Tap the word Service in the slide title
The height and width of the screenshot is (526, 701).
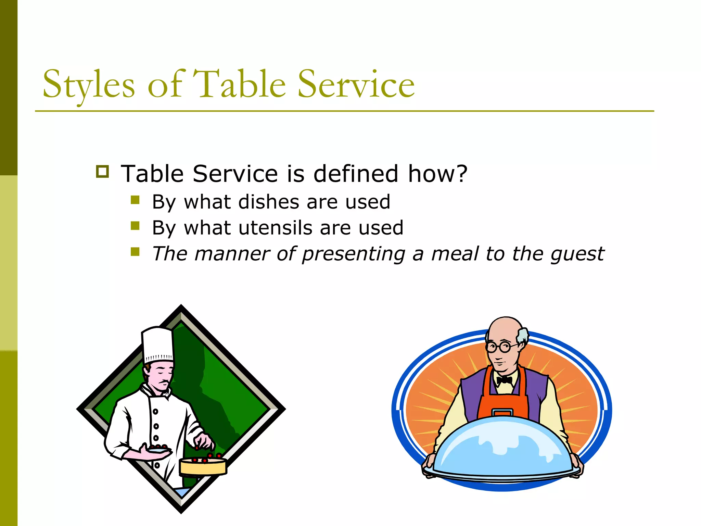click(x=356, y=84)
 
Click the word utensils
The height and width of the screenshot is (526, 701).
click(x=276, y=228)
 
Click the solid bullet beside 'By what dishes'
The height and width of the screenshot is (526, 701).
click(x=135, y=200)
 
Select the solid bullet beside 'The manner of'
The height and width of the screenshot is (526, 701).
click(x=135, y=252)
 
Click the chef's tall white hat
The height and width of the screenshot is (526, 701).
click(x=157, y=344)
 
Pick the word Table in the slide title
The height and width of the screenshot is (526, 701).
click(x=240, y=84)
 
